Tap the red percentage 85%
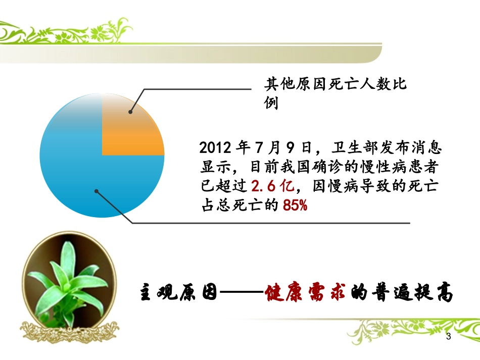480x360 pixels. pyautogui.click(x=295, y=205)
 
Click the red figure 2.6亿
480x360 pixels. pyautogui.click(x=272, y=186)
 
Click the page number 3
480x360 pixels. pyautogui.click(x=448, y=336)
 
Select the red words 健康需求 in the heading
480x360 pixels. pyautogui.click(x=305, y=293)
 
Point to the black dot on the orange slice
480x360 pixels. pyautogui.click(x=130, y=112)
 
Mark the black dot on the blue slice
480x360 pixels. pyautogui.click(x=97, y=191)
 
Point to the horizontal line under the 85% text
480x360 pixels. pyautogui.click(x=273, y=223)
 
